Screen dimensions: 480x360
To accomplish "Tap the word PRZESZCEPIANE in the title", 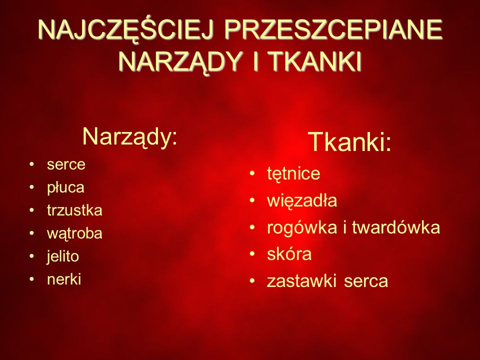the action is click(333, 29).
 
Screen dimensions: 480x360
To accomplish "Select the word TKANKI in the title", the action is click(316, 61).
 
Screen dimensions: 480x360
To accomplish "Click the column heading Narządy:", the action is click(130, 136).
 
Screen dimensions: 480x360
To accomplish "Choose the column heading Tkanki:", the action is click(350, 141).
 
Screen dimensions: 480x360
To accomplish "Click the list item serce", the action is click(66, 164).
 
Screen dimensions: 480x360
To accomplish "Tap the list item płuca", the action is click(65, 187).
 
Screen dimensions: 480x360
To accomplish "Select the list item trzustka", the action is click(74, 210).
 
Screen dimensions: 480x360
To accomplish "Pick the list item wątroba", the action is click(74, 233).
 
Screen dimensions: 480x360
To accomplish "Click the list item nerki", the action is click(64, 279).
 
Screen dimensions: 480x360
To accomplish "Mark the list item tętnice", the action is click(293, 174).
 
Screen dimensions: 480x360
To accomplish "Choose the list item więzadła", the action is click(302, 201).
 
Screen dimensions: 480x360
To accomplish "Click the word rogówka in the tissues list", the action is click(302, 228).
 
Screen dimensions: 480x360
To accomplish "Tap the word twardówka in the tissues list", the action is click(396, 227).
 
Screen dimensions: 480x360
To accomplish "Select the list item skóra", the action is click(289, 254).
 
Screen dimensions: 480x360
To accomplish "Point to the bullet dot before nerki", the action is click(31, 279).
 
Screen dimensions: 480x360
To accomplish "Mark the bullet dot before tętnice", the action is click(252, 173).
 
